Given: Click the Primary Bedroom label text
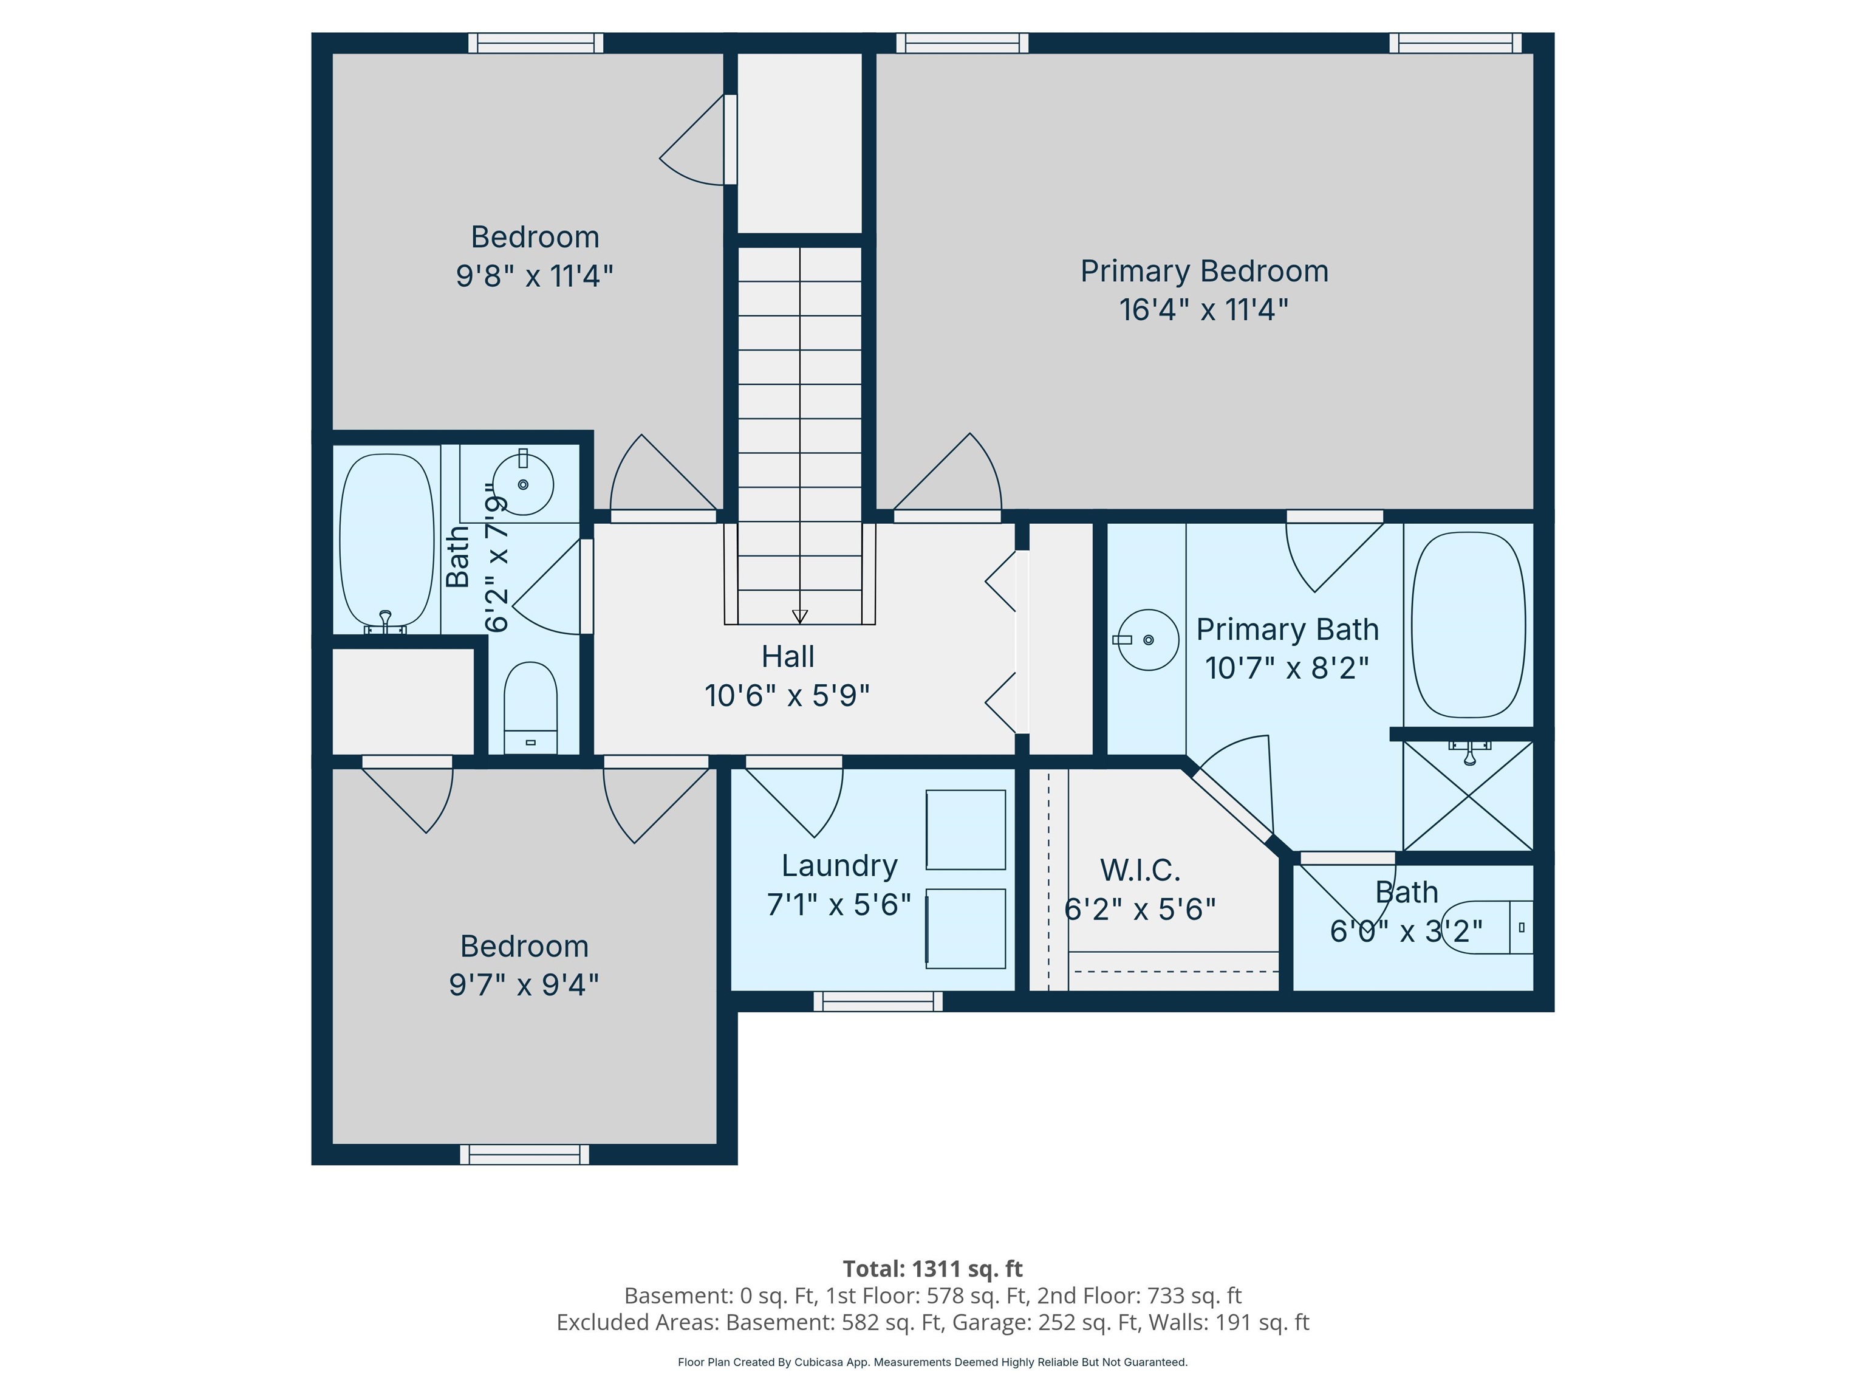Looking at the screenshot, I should (x=1204, y=271).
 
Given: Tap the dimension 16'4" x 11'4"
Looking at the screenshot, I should (x=1204, y=310).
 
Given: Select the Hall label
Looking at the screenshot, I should (x=787, y=656).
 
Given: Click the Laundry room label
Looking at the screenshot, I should (x=838, y=865).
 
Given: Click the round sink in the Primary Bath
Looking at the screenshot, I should (x=1148, y=640).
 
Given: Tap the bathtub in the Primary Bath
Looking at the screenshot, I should (x=1468, y=625).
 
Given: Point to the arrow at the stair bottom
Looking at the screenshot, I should (x=800, y=616).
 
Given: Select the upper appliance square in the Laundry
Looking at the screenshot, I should (x=965, y=829).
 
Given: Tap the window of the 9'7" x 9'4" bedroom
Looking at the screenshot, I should (x=524, y=1155).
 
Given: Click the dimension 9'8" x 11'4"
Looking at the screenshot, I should (x=534, y=275).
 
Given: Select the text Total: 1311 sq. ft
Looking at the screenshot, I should (x=932, y=1268).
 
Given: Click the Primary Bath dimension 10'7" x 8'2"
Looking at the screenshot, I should (x=1287, y=668).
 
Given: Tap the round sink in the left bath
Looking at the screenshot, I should (x=523, y=484).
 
